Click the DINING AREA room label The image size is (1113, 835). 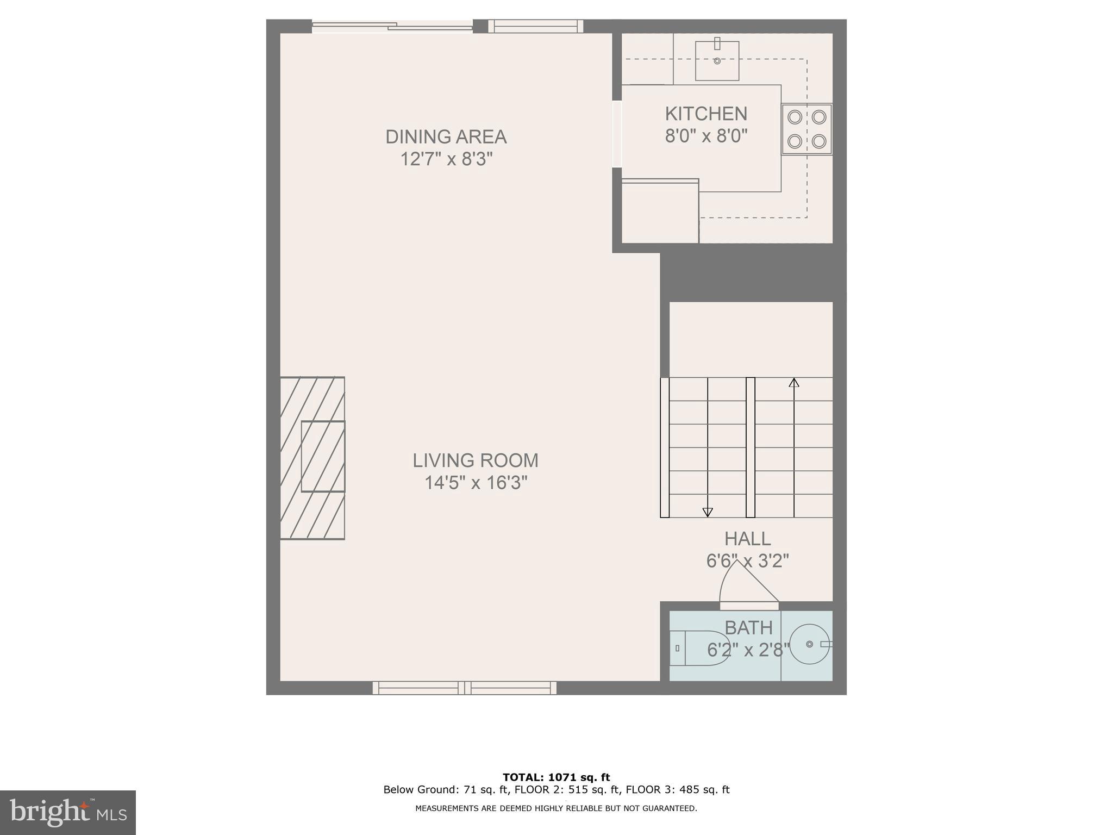point(446,136)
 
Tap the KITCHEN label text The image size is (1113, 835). point(706,114)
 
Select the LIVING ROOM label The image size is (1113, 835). point(475,460)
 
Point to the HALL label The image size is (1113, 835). point(747,539)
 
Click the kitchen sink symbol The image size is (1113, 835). point(717,60)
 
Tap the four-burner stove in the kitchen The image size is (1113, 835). point(806,129)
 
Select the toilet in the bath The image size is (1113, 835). point(698,648)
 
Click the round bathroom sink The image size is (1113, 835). point(809,644)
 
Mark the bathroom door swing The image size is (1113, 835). point(747,584)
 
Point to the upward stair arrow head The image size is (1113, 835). point(794,383)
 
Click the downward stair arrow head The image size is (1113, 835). point(707,512)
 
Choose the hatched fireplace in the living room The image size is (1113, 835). point(312,458)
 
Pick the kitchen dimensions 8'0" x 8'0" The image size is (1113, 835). point(706,136)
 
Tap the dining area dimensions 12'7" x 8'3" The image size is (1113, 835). point(446,159)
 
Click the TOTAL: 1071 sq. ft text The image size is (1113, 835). point(556,777)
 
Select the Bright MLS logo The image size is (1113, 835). point(68,812)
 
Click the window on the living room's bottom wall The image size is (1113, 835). point(465,688)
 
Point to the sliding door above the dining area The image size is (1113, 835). point(392,26)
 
